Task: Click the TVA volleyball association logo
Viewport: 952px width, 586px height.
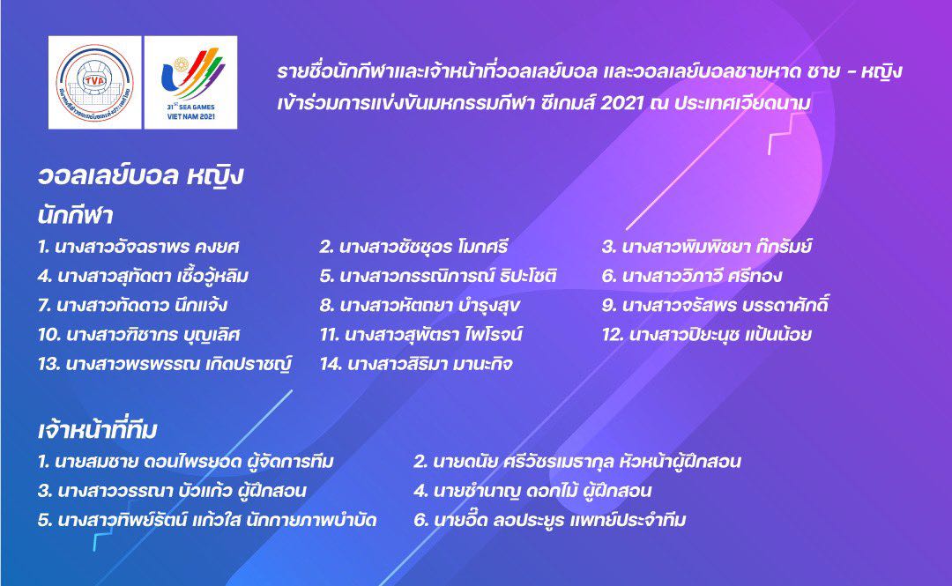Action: click(94, 83)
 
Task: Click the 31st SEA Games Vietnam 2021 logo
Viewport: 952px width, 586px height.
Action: click(190, 83)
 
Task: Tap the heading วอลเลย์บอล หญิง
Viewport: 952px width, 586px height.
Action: click(141, 177)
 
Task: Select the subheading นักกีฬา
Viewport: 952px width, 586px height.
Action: click(75, 215)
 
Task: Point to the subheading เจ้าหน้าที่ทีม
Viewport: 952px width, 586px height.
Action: click(98, 430)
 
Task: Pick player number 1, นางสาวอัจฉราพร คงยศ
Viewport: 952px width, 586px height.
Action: click(138, 247)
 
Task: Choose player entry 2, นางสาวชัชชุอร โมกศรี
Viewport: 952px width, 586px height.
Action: click(413, 247)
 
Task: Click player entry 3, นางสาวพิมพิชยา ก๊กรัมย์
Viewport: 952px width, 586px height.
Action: click(707, 247)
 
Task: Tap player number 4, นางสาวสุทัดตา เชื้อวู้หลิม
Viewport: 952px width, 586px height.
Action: click(144, 277)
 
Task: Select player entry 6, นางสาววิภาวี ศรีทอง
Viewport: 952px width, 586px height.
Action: click(692, 277)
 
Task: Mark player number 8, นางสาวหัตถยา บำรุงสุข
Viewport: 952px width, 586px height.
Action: click(420, 306)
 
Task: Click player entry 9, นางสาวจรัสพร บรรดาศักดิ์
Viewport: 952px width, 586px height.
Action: click(715, 305)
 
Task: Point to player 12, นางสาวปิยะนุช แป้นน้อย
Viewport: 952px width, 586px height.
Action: click(707, 335)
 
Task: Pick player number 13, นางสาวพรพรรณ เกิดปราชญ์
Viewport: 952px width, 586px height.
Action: click(165, 364)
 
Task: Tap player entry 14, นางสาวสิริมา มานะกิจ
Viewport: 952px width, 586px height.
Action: click(416, 364)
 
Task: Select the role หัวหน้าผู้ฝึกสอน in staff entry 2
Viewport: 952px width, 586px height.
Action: click(681, 462)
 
